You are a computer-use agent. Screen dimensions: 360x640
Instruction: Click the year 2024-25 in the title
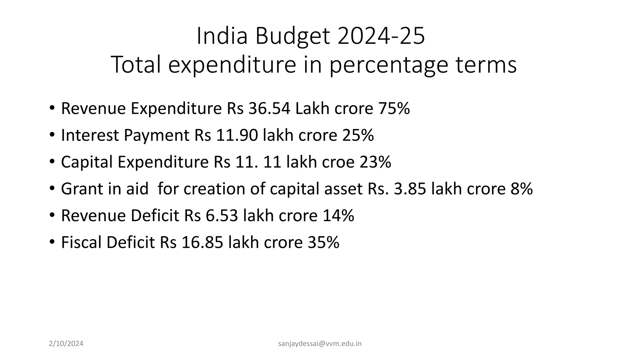pyautogui.click(x=381, y=36)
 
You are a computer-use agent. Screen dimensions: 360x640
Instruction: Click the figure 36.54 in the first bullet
pyautogui.click(x=269, y=108)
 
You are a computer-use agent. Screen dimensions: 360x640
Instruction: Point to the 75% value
pyautogui.click(x=394, y=108)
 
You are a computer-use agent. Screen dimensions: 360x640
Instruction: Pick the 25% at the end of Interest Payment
pyautogui.click(x=358, y=135)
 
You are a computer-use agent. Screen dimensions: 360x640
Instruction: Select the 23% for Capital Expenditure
pyautogui.click(x=375, y=162)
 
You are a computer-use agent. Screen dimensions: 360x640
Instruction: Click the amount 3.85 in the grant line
pyautogui.click(x=410, y=189)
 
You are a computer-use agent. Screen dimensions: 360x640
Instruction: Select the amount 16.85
pyautogui.click(x=202, y=242)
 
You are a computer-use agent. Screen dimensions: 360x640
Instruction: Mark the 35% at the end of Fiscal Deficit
pyautogui.click(x=323, y=242)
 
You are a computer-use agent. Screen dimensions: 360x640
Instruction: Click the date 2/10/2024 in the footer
pyautogui.click(x=66, y=344)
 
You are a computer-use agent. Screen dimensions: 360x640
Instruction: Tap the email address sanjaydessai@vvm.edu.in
pyautogui.click(x=320, y=344)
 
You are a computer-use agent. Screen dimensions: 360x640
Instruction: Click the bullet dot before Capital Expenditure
pyautogui.click(x=52, y=162)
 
